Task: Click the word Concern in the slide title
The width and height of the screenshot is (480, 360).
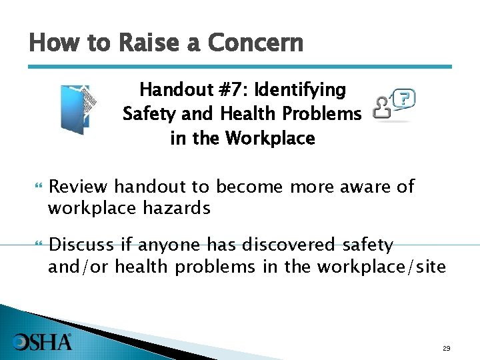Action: coord(255,43)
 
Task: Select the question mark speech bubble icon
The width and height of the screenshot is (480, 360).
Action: coord(403,100)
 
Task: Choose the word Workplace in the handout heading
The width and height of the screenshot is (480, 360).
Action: coord(270,139)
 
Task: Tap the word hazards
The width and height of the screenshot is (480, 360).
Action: coord(177,209)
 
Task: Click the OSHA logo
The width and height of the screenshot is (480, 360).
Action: coord(41,342)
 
